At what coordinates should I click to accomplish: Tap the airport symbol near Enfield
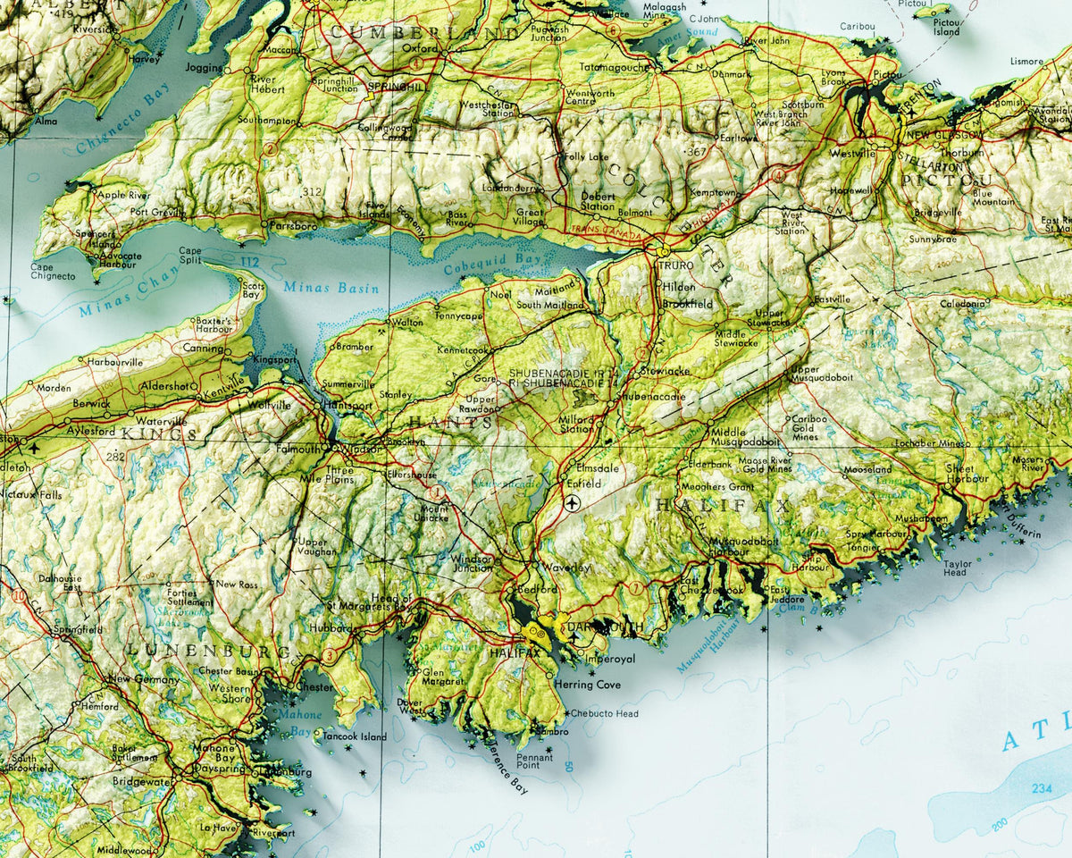point(573,504)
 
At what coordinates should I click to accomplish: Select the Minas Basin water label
point(331,288)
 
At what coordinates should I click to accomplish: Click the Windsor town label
point(360,448)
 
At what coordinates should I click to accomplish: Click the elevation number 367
point(697,153)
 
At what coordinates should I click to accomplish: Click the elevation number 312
point(312,191)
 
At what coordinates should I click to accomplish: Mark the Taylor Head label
point(958,568)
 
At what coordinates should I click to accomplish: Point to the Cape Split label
point(190,257)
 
